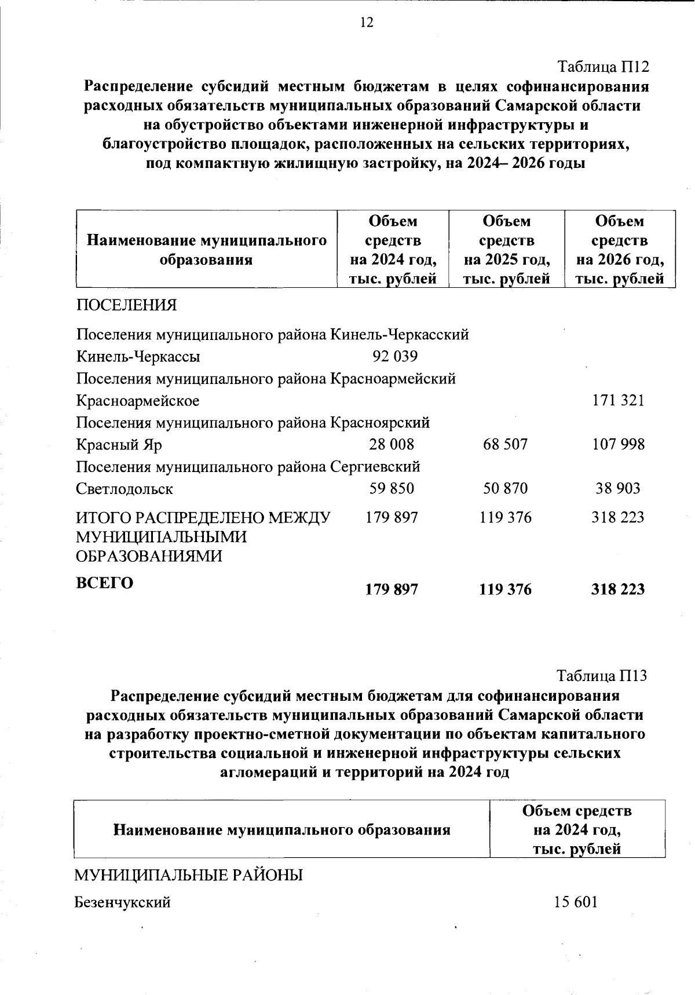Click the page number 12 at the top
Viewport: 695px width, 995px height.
click(x=367, y=23)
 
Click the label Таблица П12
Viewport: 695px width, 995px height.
click(x=603, y=67)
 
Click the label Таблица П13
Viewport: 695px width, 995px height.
click(x=601, y=675)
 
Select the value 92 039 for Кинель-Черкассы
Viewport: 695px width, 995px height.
click(x=395, y=356)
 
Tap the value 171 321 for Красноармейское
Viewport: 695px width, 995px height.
click(x=618, y=400)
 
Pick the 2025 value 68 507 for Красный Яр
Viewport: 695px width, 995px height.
click(x=505, y=444)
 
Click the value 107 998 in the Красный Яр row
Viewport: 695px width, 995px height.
click(x=618, y=444)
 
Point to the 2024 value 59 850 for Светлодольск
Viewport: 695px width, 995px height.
click(x=392, y=488)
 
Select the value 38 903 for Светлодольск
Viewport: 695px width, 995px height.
click(x=618, y=488)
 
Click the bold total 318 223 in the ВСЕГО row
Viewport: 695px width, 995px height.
click(x=617, y=590)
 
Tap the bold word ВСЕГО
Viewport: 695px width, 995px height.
click(x=105, y=583)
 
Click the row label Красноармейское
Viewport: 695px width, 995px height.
click(x=138, y=400)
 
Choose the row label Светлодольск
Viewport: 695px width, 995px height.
click(x=125, y=489)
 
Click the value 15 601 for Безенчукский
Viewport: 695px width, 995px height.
click(x=575, y=902)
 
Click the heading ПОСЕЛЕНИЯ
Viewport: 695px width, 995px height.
click(x=126, y=305)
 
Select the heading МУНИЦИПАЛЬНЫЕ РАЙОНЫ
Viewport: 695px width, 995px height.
click(x=188, y=875)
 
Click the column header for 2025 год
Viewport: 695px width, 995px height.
click(x=506, y=250)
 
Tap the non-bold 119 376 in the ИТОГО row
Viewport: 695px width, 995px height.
click(x=505, y=517)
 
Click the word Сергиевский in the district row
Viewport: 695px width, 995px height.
click(x=375, y=466)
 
